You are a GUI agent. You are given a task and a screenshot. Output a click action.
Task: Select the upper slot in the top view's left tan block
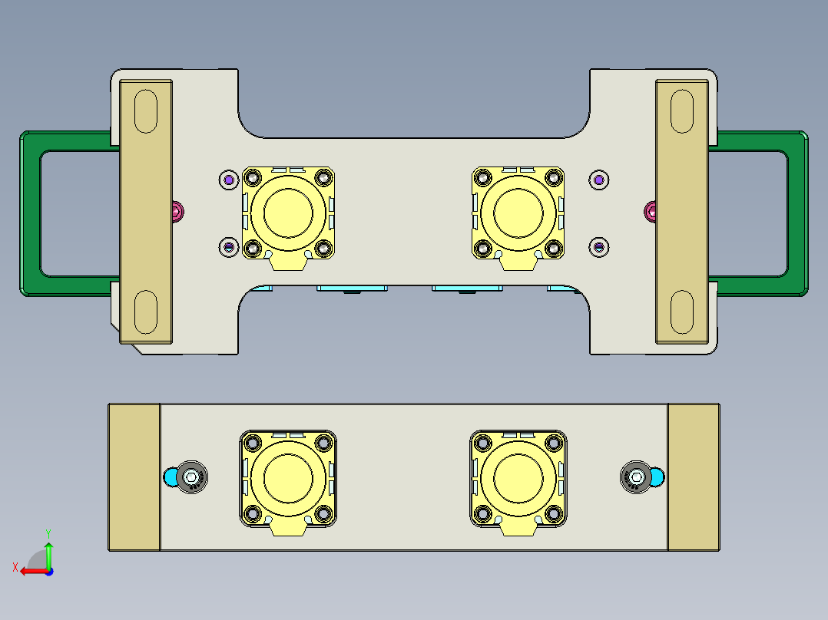pos(145,111)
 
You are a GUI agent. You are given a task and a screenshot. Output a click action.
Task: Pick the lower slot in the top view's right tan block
pos(681,312)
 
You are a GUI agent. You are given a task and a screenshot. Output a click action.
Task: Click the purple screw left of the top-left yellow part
pos(228,180)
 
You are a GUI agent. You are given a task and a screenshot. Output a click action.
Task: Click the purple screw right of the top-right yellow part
pos(599,180)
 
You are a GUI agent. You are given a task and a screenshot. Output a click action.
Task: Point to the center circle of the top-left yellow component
pos(287,213)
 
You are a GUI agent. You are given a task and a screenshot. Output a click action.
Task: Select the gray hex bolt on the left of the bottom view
pos(191,477)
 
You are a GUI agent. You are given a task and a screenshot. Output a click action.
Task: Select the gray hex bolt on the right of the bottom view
pos(635,477)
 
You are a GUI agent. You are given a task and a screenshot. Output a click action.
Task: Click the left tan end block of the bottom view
pos(134,477)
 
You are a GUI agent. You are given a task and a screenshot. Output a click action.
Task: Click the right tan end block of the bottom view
pos(694,477)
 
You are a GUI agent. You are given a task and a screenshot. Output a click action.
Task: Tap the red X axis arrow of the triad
pos(29,570)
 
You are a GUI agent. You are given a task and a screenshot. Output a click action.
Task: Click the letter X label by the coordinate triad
pos(15,567)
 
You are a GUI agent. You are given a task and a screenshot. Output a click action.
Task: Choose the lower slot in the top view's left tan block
pos(145,312)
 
